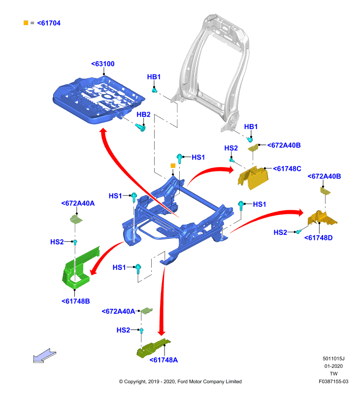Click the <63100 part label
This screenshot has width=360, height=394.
click(103, 64)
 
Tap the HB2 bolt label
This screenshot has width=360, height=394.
click(143, 115)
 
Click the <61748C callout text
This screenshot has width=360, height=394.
click(287, 168)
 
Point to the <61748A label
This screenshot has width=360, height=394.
click(164, 360)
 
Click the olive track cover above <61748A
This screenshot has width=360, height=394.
click(153, 348)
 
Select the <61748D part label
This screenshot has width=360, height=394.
click(318, 238)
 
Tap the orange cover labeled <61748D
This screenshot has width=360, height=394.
click(323, 219)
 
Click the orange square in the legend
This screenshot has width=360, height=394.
click(26, 23)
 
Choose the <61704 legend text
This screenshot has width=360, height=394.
click(49, 23)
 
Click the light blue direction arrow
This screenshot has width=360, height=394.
click(45, 356)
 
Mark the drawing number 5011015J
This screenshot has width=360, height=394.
click(333, 359)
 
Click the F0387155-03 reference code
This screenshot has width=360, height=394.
click(333, 381)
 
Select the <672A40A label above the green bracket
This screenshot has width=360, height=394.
click(78, 203)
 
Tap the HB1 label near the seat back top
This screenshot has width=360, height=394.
click(154, 77)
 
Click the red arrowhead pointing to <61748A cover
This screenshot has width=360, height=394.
click(161, 332)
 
